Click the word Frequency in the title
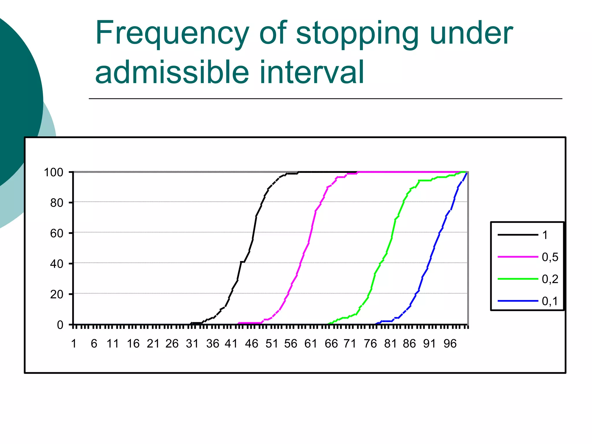(172, 34)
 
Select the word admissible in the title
(172, 72)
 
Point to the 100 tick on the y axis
(53, 173)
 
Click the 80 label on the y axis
(57, 203)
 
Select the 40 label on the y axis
(57, 264)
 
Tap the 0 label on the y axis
(60, 325)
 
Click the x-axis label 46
(251, 344)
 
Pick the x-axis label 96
(450, 344)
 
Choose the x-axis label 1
(74, 344)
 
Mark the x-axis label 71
(350, 344)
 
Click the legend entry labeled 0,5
(550, 257)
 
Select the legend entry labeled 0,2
(550, 279)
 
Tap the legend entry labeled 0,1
(550, 301)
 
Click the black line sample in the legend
(517, 235)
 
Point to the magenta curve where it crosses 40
(301, 263)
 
